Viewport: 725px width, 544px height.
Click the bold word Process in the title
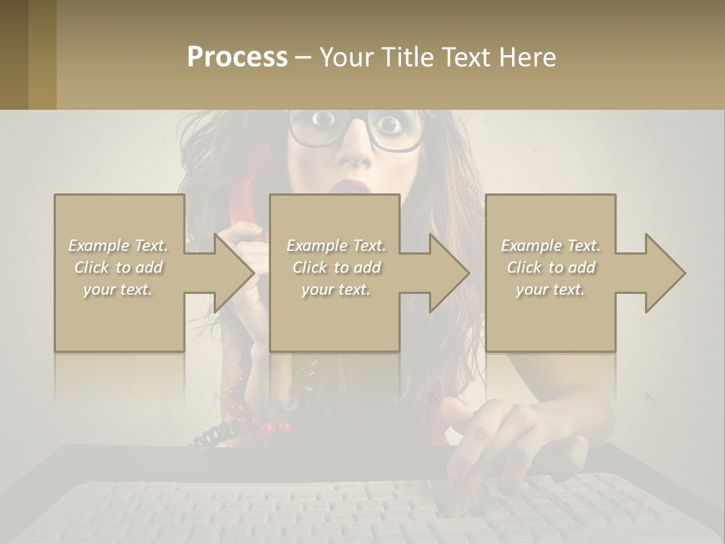coord(237,57)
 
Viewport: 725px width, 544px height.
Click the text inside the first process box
coord(119,267)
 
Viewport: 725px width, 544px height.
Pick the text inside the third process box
coord(551,267)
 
